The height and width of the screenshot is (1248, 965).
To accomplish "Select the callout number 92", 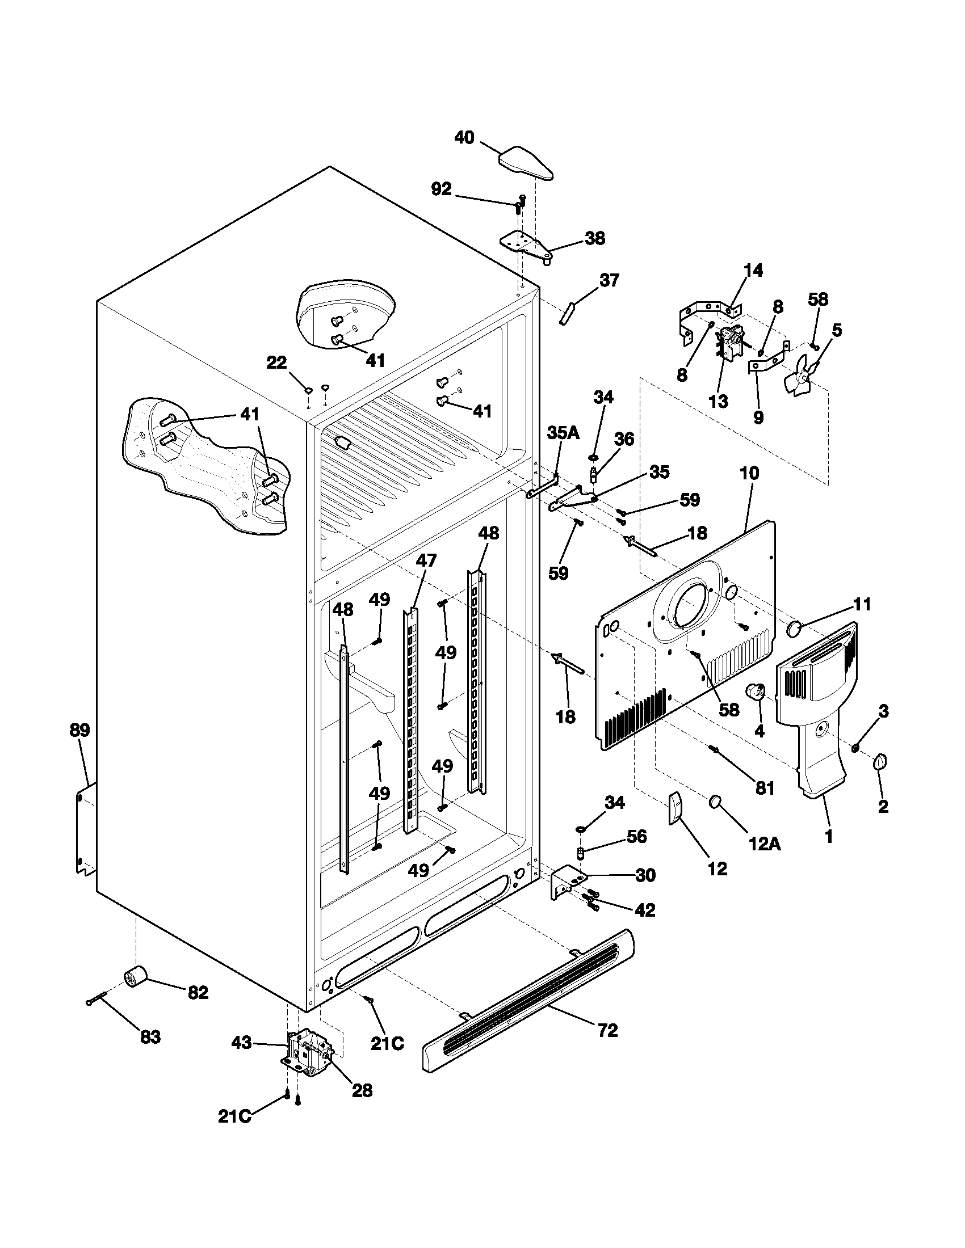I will tap(440, 189).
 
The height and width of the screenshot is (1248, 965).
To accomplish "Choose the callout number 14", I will tap(753, 270).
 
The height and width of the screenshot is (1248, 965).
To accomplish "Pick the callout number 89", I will tap(80, 730).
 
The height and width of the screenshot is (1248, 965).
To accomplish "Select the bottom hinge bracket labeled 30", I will tap(567, 886).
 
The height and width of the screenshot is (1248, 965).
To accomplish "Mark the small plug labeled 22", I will tap(308, 390).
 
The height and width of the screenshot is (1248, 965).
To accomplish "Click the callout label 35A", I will tap(563, 433).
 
